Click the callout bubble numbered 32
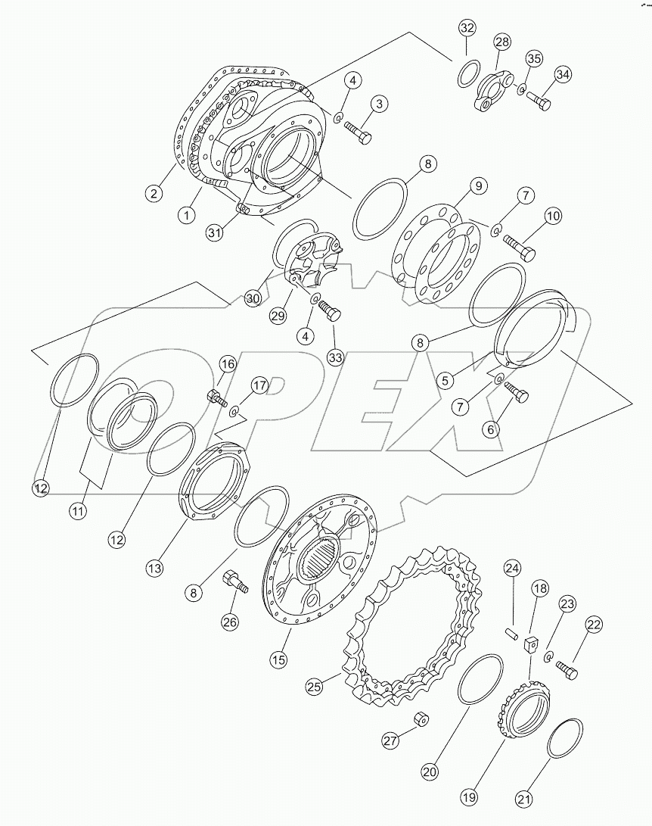point(467,30)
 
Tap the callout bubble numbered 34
point(562,74)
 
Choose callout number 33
point(335,356)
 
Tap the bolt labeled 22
point(567,669)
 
